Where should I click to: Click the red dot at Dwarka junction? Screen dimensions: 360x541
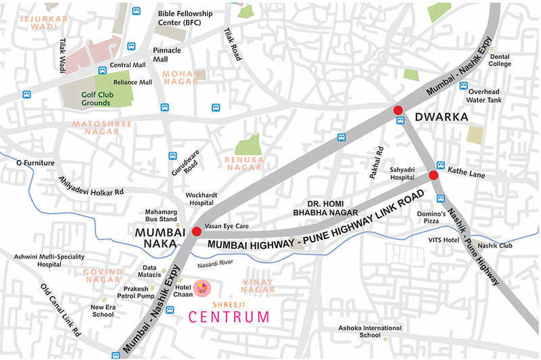click(398, 110)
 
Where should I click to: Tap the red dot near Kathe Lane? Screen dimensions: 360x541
click(433, 175)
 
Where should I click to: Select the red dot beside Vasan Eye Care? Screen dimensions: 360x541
click(196, 231)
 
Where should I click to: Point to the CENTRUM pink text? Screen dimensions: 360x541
click(229, 316)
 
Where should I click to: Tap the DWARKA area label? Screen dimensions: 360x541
click(441, 117)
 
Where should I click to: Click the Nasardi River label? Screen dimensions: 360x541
click(216, 262)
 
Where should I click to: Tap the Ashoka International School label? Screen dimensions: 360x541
click(370, 332)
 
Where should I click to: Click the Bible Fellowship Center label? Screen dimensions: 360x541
click(185, 18)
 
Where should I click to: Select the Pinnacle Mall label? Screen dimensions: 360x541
click(166, 55)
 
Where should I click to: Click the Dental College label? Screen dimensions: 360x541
click(500, 61)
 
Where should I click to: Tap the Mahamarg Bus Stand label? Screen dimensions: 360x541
click(161, 215)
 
